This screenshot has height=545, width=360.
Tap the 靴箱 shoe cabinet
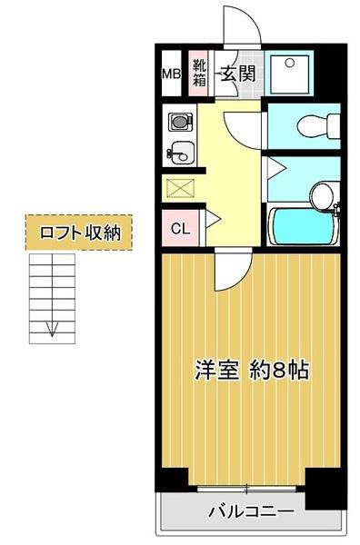199,72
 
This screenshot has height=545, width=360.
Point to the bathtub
303,226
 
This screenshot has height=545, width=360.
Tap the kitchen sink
180,153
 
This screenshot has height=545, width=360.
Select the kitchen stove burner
177,120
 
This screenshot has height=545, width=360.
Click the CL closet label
180,228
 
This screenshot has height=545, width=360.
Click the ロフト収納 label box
80,232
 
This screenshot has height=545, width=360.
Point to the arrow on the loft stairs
53,329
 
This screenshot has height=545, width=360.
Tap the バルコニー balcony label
251,512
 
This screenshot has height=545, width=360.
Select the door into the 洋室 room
233,267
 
